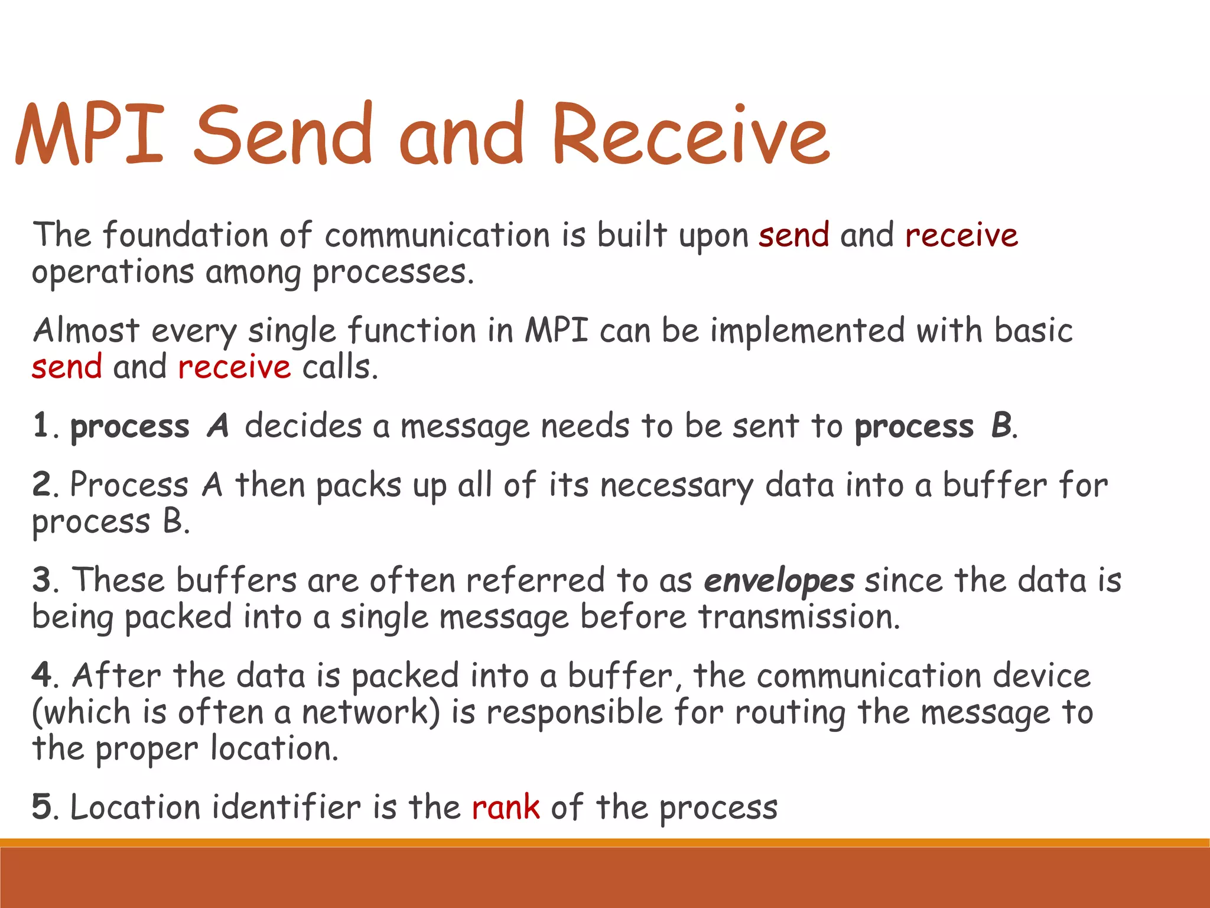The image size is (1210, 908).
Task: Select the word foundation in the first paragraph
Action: coord(185,235)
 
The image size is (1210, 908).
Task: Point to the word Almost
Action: coord(86,330)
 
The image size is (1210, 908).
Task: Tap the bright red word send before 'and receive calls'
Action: coord(67,367)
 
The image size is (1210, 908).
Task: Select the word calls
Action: coord(340,367)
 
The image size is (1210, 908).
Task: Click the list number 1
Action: coord(41,426)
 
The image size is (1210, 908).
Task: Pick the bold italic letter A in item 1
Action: coord(217,426)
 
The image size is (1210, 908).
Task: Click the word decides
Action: coord(303,426)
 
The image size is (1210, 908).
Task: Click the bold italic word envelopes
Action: coord(779,581)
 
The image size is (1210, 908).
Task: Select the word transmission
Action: coord(799,618)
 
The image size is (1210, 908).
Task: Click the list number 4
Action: coord(42,676)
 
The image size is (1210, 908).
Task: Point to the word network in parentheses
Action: coord(367,712)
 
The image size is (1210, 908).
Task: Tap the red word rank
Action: coord(506,808)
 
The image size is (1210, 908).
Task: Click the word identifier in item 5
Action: coord(286,808)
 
